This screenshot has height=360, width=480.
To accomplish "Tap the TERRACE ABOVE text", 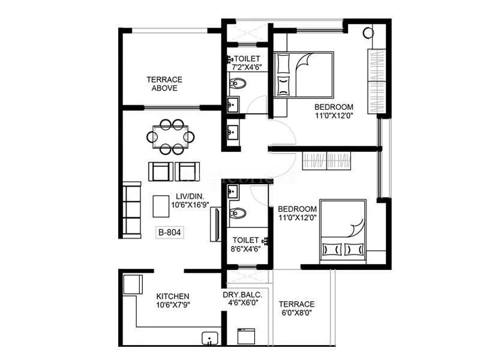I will pos(164,83).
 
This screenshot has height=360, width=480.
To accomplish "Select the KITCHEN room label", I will pos(173,296).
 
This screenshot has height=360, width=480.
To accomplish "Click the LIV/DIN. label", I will pos(188,196).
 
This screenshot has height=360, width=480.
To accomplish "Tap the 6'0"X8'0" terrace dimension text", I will pos(296,313).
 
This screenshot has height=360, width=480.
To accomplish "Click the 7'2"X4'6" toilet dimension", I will pos(247,67).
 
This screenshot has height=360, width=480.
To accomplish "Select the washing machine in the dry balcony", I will pos(246,336).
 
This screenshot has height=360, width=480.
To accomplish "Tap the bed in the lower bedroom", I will pos(343,230).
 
